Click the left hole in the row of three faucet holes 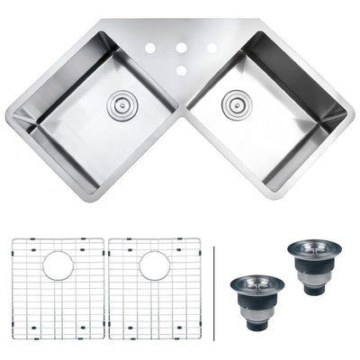149,48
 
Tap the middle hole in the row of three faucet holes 181,48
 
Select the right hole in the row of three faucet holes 212,48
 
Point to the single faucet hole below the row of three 181,68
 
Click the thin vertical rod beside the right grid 216,288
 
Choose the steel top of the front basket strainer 257,283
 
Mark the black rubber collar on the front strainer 257,298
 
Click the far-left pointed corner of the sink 7,115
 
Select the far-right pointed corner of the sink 354,115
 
